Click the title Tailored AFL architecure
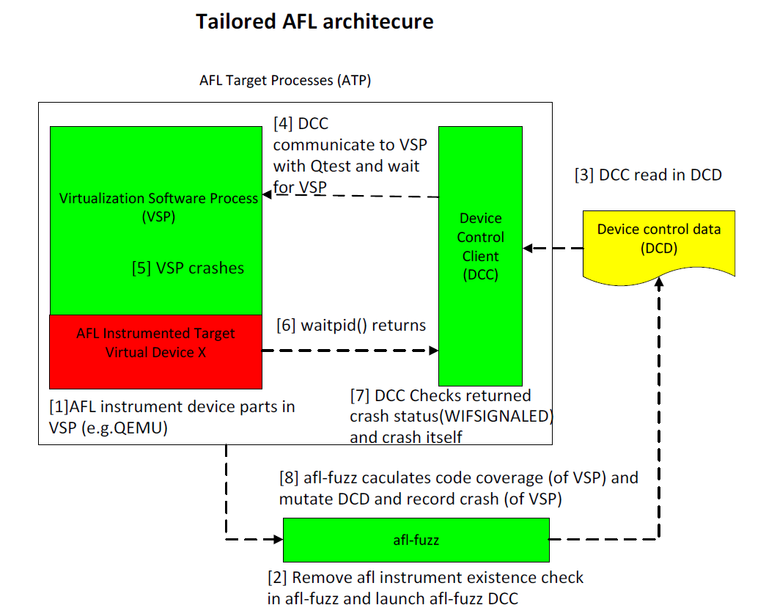(x=314, y=22)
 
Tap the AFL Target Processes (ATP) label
(x=285, y=81)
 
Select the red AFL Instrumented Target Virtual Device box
(x=155, y=351)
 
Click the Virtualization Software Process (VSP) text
(x=158, y=207)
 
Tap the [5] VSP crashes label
(x=188, y=268)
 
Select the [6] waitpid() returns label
(x=351, y=325)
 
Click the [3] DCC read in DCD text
(x=648, y=175)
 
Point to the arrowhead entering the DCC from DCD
(x=529, y=249)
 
